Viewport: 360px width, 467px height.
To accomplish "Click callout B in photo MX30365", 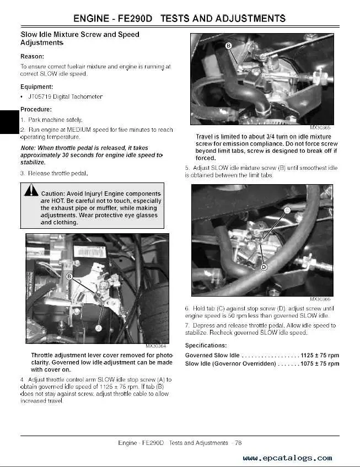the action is [228, 46].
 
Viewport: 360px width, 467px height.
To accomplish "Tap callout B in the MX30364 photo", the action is [69, 276].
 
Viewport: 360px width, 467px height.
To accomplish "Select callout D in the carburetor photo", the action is [264, 267].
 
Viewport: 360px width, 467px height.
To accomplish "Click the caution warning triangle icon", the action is [31, 190].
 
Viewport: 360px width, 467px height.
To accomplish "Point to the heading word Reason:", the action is [32, 56].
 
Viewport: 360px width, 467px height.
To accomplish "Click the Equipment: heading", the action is [36, 87].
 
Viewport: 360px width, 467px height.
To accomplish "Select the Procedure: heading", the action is [36, 109].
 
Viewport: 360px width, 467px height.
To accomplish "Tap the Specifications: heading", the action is [206, 346].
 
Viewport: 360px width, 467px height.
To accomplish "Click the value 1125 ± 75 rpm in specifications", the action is [320, 355].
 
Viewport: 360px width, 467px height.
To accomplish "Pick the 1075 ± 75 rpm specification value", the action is [320, 364].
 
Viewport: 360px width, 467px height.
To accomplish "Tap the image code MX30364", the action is [155, 346].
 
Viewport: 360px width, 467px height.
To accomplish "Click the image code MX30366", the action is [320, 299].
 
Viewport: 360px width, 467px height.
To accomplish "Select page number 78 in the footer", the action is [238, 443].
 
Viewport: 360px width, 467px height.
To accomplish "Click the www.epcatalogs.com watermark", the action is [287, 458].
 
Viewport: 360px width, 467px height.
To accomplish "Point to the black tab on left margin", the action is [9, 122].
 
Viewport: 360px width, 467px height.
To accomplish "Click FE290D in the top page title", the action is [135, 18].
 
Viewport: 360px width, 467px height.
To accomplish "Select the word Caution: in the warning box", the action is [53, 194].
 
